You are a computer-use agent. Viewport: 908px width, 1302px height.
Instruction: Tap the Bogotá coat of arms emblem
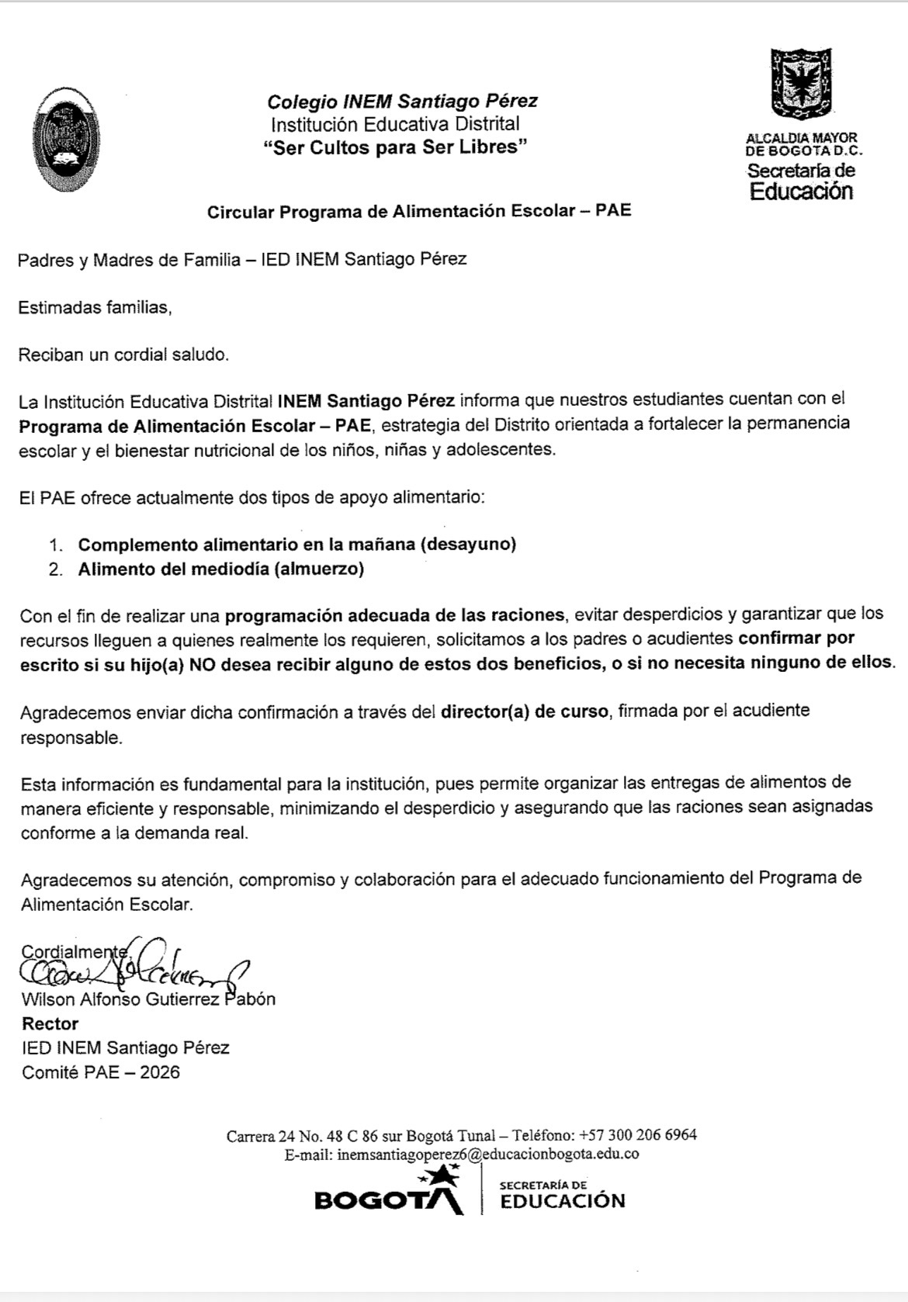(x=800, y=85)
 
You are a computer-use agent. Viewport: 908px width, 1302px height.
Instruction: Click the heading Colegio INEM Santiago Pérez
(x=402, y=101)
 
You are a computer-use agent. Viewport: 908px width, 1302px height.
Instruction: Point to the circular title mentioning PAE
(x=418, y=211)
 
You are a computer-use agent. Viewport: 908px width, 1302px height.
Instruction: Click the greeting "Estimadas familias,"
(x=95, y=307)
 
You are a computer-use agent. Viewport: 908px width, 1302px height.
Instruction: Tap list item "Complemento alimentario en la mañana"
(x=296, y=544)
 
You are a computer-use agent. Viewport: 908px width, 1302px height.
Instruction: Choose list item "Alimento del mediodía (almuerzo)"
(x=220, y=569)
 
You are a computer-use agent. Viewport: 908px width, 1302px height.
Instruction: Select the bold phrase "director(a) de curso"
(x=524, y=711)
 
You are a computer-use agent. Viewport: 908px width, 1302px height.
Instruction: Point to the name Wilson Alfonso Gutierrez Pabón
(x=148, y=999)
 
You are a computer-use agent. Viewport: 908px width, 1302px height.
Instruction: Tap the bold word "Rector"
(x=50, y=1023)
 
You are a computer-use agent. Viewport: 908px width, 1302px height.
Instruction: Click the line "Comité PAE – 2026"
(x=100, y=1072)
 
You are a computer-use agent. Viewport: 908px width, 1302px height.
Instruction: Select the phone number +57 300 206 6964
(x=637, y=1134)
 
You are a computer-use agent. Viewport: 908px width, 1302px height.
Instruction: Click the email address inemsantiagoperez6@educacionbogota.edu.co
(x=487, y=1154)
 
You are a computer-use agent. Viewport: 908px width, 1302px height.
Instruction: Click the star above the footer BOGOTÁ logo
(x=441, y=1177)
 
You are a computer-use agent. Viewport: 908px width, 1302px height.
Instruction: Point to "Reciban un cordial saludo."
(x=124, y=355)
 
